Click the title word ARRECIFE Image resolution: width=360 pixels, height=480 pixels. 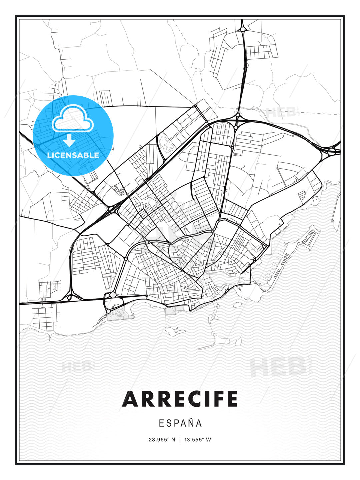coord(180,399)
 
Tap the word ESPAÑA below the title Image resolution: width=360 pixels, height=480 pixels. coord(180,423)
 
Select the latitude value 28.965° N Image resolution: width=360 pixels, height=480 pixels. coord(162,439)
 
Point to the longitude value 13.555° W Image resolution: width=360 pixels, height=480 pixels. coord(198,439)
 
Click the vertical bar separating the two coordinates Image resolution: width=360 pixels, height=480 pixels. coord(180,439)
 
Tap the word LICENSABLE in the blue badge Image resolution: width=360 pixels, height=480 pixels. coord(73,155)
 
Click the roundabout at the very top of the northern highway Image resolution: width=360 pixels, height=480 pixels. coord(242,29)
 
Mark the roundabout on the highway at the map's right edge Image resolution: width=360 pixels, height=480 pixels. coord(331,152)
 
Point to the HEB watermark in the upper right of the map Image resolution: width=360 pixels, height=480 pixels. coord(282,112)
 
